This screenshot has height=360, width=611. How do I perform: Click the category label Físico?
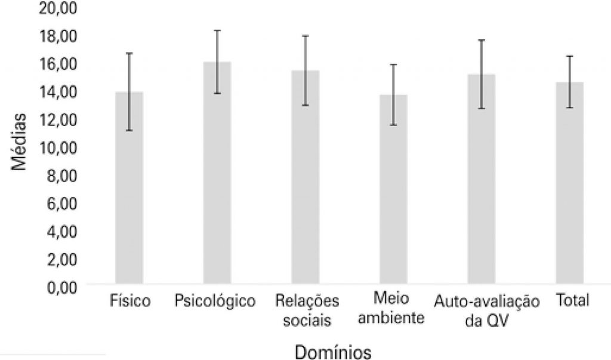tap(130, 300)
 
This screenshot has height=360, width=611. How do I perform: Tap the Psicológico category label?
tap(215, 300)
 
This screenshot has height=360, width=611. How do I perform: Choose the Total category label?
tap(572, 300)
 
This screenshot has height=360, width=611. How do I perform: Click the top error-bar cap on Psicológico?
tap(217, 30)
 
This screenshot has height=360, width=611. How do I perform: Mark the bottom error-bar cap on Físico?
tap(129, 130)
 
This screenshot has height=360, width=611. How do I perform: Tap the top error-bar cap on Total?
tap(569, 56)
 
